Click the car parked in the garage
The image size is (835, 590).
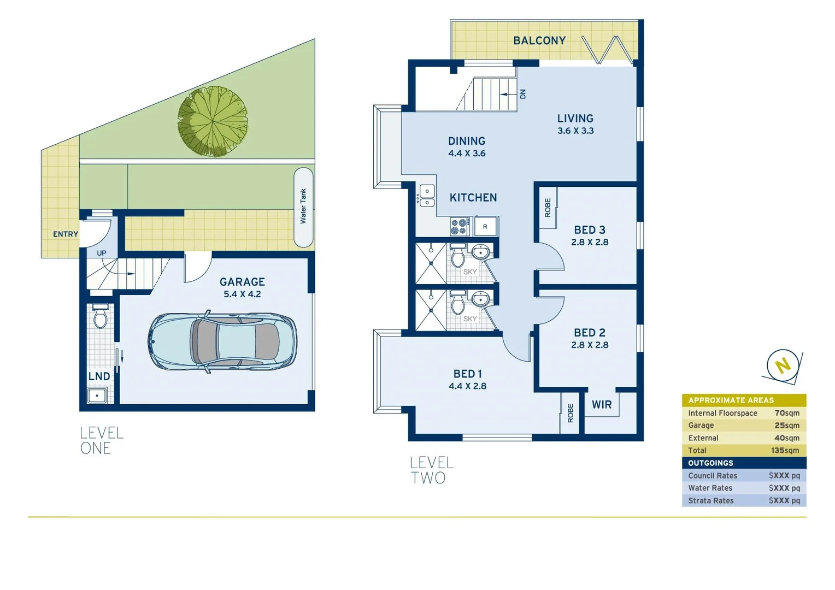[x=223, y=343]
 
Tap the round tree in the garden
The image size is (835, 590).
[x=213, y=121]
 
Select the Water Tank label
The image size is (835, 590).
[x=303, y=206]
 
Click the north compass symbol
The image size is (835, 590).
[x=783, y=364]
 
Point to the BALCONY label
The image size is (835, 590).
[x=539, y=40]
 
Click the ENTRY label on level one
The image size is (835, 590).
[x=65, y=234]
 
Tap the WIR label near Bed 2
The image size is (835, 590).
[x=602, y=405]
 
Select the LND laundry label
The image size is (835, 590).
[x=99, y=376]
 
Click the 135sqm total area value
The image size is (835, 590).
[x=785, y=451]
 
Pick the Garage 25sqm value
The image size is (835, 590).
[x=786, y=426]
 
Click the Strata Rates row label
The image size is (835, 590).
[x=710, y=501]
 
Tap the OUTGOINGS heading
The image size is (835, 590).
[x=710, y=463]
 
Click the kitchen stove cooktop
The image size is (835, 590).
[x=460, y=226]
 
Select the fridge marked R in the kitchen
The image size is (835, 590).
[x=485, y=226]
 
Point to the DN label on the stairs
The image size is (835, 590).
[x=522, y=94]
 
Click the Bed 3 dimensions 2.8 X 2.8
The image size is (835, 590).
[x=590, y=243]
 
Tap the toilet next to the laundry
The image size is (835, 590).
[x=100, y=317]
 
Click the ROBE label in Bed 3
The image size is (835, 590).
[x=548, y=208]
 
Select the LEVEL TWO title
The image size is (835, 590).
[x=432, y=470]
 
